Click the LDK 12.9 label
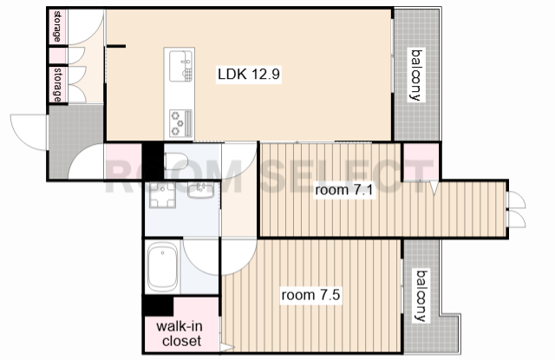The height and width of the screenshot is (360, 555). (x=249, y=74)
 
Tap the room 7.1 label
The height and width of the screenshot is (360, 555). (x=344, y=190)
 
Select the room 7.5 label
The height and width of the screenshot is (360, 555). (x=310, y=295)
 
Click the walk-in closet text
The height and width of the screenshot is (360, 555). (x=180, y=333)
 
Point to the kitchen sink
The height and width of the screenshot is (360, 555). (x=180, y=66)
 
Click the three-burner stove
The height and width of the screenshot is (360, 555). (x=180, y=123)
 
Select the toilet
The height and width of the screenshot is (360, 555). (x=176, y=161)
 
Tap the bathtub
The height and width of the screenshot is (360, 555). (x=162, y=266)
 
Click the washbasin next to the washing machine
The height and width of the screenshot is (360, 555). (x=200, y=191)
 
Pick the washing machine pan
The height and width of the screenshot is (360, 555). (x=162, y=194)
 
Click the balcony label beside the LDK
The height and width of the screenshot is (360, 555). (x=416, y=75)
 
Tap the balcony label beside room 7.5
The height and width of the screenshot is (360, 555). (x=421, y=296)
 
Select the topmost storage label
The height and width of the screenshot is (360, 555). (x=57, y=27)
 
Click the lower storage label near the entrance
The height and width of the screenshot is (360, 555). (x=57, y=85)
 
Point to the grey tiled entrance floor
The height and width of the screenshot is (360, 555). (x=75, y=141)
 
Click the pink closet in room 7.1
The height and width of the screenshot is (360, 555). (x=421, y=161)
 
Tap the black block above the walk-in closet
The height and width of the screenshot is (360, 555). (x=158, y=305)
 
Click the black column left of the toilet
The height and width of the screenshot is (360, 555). (x=153, y=161)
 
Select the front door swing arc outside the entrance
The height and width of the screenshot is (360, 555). (x=29, y=132)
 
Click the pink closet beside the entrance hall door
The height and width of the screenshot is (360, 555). (x=123, y=161)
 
